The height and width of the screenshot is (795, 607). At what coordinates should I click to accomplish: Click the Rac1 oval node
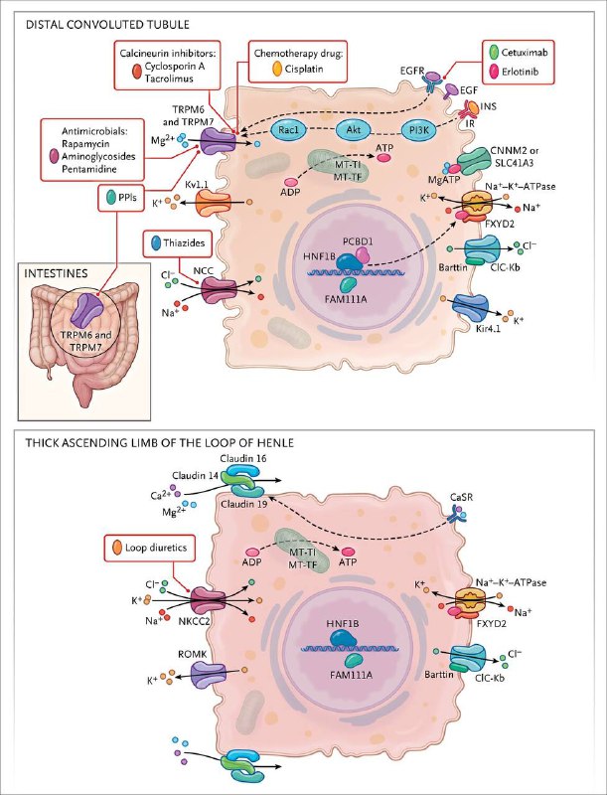[x=288, y=130]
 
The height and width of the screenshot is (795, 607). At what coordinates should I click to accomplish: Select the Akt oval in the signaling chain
[x=353, y=130]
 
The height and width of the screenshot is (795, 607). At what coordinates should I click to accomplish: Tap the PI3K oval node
[x=419, y=130]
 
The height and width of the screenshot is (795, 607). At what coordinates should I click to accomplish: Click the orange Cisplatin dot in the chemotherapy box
[x=277, y=69]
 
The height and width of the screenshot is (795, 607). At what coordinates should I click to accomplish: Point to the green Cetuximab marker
[x=493, y=53]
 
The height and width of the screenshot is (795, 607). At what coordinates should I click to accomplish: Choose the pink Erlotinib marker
[x=493, y=72]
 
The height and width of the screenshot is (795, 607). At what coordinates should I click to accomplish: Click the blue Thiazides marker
[x=155, y=242]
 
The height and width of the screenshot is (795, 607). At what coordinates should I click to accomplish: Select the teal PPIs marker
[x=111, y=196]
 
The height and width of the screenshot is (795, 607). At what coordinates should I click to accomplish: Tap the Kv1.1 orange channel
[x=214, y=204]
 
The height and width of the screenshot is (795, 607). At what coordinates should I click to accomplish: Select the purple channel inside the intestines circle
[x=86, y=311]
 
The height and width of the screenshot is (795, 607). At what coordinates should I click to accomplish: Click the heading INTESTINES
[x=57, y=273]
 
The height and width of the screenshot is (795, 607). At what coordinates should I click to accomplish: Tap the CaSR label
[x=461, y=497]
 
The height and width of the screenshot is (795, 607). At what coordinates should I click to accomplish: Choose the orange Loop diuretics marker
[x=117, y=548]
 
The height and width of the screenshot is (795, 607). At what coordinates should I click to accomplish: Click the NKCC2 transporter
[x=208, y=600]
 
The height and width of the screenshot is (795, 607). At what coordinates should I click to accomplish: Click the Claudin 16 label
[x=243, y=458]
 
